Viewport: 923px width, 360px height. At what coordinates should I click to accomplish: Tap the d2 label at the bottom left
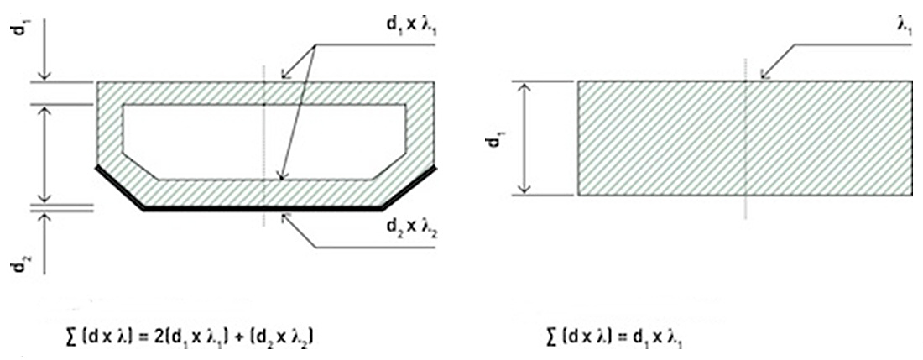18,266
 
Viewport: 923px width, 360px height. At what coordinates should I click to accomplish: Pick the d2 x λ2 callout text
411,225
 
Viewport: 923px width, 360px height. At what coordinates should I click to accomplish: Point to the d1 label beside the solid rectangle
495,138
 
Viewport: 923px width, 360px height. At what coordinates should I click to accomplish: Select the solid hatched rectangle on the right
744,138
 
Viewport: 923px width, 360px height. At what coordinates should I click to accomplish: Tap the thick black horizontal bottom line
263,209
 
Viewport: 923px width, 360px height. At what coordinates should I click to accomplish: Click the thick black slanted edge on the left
119,188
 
